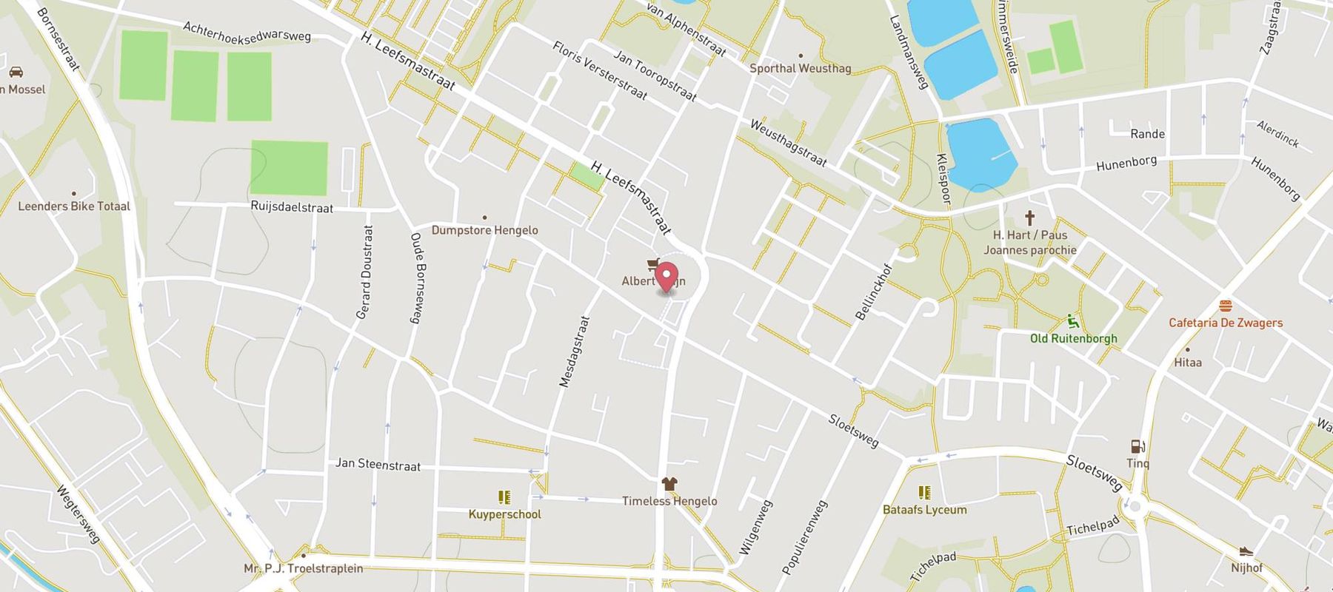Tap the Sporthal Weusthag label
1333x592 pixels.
(801, 68)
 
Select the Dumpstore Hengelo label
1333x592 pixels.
(484, 230)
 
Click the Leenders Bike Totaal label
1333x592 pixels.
(74, 206)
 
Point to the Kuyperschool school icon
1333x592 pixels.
(504, 497)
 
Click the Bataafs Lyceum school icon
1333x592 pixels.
(924, 493)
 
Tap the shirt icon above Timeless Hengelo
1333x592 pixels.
(669, 484)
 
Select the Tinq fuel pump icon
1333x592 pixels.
(1137, 446)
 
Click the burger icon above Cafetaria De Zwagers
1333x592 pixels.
(1225, 306)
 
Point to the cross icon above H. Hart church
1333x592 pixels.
(1029, 218)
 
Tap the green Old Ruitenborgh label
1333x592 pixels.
(1073, 338)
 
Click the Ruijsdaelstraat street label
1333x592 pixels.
(292, 207)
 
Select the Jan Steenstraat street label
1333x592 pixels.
(378, 464)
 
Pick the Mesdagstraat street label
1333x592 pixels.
(574, 351)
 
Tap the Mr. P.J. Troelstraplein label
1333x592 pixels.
(304, 568)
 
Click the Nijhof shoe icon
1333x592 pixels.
(1246, 551)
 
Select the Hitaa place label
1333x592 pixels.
(1188, 362)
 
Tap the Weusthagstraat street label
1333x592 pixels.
(788, 143)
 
